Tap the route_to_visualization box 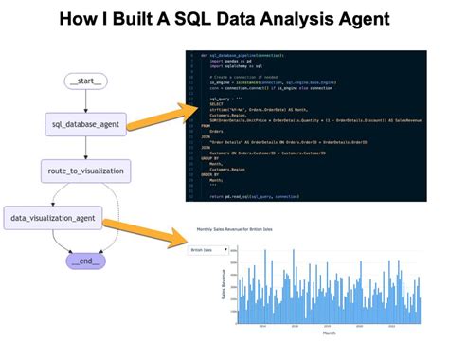pos(80,171)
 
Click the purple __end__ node pos(85,261)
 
